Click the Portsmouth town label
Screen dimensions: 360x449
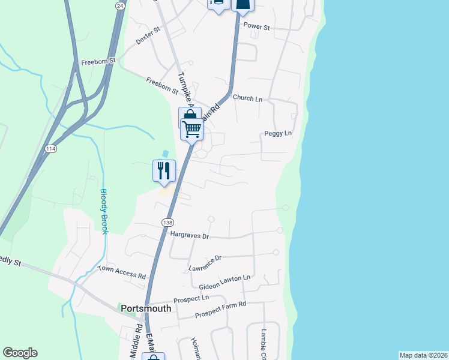point(146,308)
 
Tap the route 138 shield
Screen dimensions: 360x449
point(167,222)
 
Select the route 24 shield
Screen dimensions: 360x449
point(120,5)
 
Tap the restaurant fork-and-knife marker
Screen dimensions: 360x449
point(164,170)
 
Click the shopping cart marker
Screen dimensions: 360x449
point(191,128)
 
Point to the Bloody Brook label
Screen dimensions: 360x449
point(103,212)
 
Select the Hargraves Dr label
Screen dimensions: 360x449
point(189,236)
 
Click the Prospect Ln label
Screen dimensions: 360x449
point(191,299)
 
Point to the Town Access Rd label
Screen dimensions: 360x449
point(122,273)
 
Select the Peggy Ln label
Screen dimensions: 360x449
point(277,133)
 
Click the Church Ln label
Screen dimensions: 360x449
point(248,98)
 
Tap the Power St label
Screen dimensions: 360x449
point(257,28)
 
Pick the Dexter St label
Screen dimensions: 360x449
point(149,36)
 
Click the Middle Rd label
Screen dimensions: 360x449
point(137,339)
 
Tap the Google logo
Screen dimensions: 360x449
point(20,353)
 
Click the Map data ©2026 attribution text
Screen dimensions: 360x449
point(423,355)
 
